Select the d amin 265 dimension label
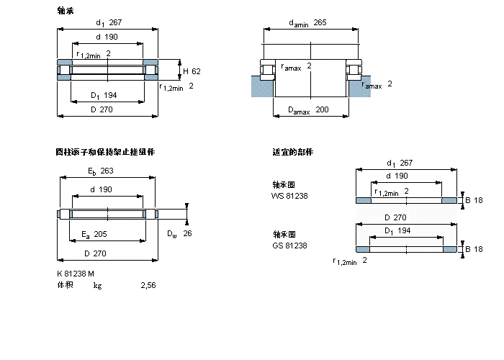(307, 22)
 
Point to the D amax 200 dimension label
(307, 109)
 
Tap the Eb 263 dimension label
(101, 171)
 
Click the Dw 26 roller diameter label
(179, 233)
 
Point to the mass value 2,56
(148, 286)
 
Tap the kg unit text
(97, 286)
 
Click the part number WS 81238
(289, 196)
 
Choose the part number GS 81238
(289, 246)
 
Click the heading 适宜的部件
(287, 152)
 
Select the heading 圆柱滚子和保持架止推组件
(105, 152)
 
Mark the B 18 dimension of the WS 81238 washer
(473, 199)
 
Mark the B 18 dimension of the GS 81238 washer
(473, 249)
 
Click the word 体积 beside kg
(65, 286)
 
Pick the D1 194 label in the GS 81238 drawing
(395, 230)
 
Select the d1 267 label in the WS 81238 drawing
(400, 163)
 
